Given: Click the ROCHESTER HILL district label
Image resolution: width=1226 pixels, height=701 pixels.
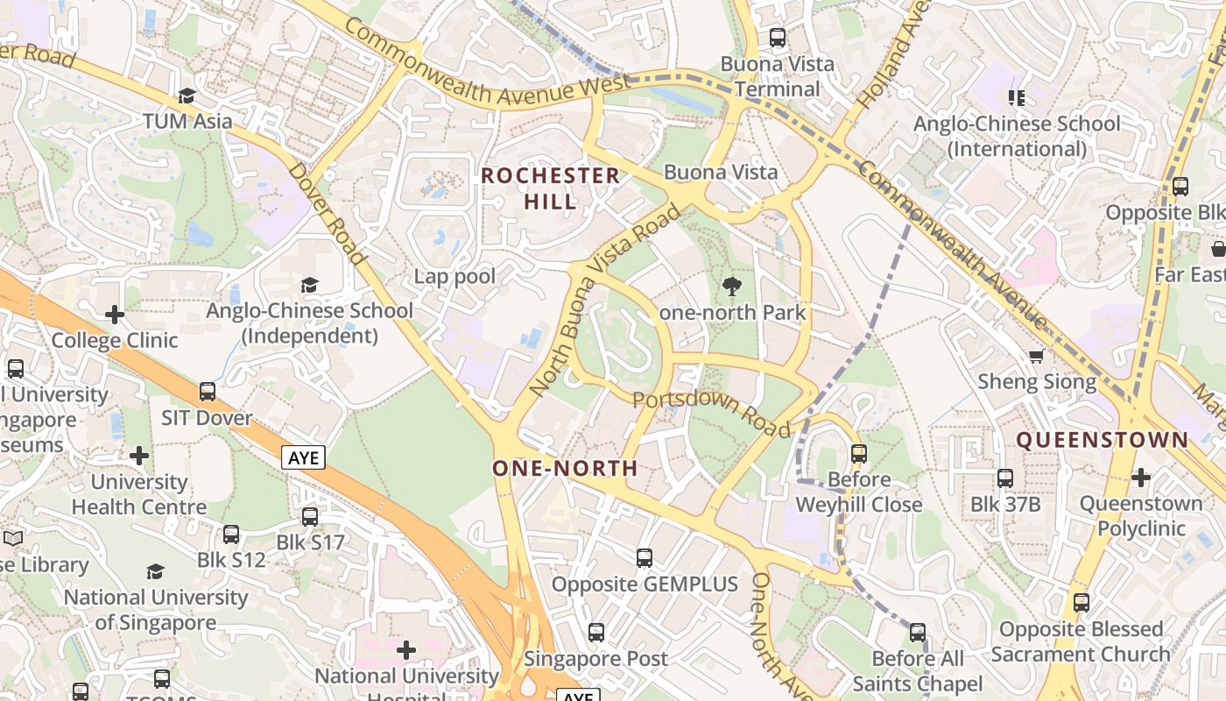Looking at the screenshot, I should coord(551,188).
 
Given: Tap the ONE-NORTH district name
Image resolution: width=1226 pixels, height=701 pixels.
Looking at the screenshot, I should coord(565,468).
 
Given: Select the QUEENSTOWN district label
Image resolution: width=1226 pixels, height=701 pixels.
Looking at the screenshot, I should coord(1102,440).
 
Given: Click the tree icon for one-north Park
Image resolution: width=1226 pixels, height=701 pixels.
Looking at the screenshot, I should coord(731,286).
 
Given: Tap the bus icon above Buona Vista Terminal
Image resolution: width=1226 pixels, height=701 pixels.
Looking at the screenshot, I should coord(777,38).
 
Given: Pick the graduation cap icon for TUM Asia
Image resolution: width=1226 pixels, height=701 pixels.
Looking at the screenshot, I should coord(187,95).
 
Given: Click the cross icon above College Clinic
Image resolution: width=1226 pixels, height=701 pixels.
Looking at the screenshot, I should coord(114,314).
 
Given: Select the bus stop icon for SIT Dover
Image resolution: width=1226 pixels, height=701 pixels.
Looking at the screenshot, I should coord(207,392).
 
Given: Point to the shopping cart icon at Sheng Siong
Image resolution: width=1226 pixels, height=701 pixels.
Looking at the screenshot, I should coord(1037,356).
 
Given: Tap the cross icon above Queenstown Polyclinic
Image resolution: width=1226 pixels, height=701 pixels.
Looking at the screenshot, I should coord(1140,478).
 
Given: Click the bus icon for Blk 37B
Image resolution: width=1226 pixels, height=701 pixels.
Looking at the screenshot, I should coord(1004,478).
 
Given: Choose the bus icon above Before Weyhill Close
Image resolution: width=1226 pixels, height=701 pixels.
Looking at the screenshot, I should coord(858,453).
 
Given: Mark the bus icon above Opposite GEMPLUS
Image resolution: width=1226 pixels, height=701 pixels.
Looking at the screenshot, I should coord(645,557).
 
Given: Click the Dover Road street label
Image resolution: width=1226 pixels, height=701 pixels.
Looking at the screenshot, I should coord(326,213).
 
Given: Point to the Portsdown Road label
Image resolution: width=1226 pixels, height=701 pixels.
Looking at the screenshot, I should coord(711,413).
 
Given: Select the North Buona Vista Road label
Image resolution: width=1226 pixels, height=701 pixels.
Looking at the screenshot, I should coord(604,299).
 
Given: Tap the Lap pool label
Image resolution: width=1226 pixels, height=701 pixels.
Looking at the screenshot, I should coord(454,277).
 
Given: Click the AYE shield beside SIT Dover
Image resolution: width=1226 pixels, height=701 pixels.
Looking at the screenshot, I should coord(303,457).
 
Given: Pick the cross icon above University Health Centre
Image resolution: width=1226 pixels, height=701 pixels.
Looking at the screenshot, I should coord(138,456).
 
